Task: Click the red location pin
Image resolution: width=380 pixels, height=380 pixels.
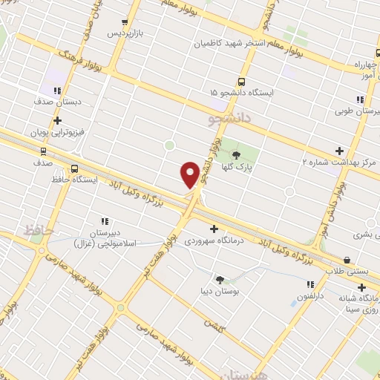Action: [x=190, y=174]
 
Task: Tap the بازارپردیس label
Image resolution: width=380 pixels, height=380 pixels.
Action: [x=123, y=34]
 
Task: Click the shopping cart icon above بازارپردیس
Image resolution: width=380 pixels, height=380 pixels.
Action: [x=124, y=23]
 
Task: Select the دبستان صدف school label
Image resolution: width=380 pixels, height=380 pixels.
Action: [x=53, y=101]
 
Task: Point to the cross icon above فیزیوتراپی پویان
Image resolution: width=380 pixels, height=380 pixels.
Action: [x=57, y=120]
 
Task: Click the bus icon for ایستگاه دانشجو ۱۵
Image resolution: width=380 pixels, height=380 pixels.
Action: [x=241, y=82]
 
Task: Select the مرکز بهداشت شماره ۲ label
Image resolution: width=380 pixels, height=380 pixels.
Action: [x=339, y=161]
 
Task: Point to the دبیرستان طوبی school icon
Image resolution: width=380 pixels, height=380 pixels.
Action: [x=360, y=99]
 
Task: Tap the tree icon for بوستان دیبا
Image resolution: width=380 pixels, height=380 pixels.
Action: [x=220, y=279]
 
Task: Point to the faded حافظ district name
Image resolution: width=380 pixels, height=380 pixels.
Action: [x=38, y=231]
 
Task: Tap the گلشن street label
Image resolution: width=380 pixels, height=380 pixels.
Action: [x=215, y=324]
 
